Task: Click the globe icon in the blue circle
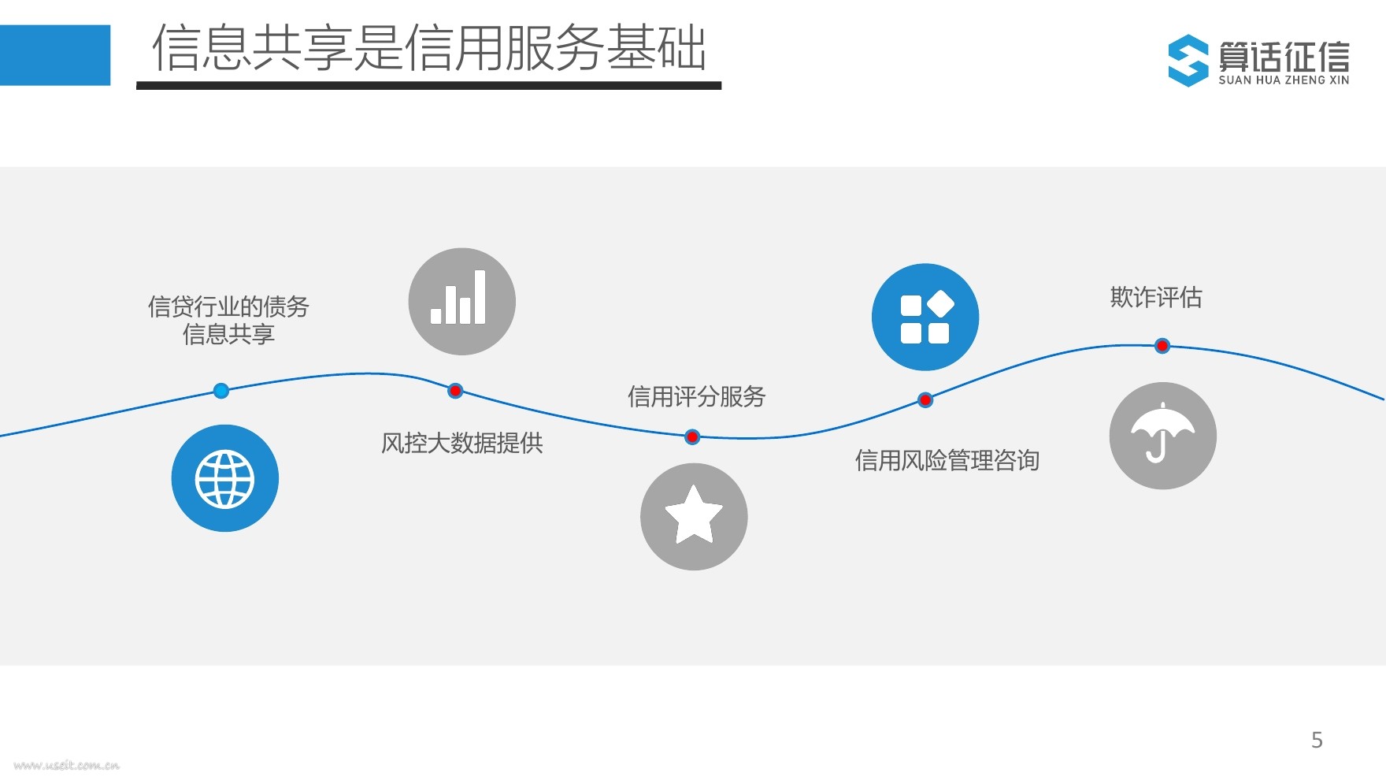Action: coord(225,478)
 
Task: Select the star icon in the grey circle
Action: coord(694,516)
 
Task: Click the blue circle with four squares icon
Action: coord(925,317)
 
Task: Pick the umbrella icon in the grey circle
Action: coord(1162,436)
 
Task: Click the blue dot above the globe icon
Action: coord(221,391)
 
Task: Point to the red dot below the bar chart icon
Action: coord(455,391)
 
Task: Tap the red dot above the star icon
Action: coord(692,436)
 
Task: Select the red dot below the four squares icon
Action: coord(925,400)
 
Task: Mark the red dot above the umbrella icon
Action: coord(1162,346)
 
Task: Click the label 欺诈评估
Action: coord(1156,297)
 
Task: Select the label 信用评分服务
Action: coord(696,396)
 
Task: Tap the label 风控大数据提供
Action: coord(462,443)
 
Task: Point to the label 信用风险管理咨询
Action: coord(947,460)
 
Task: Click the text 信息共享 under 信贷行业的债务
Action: coord(228,334)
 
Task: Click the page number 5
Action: coord(1317,740)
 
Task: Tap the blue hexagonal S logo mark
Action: coord(1188,61)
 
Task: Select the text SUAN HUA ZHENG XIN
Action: coord(1284,80)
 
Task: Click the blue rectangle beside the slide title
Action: coord(55,55)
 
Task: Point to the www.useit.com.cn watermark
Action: coord(67,765)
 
